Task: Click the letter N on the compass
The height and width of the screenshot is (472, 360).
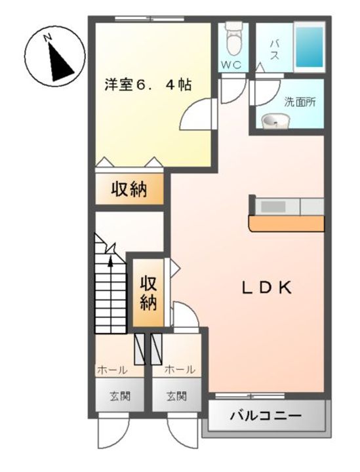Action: (x=48, y=38)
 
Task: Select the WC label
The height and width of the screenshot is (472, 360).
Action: (x=231, y=64)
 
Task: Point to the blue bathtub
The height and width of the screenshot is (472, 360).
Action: (x=310, y=47)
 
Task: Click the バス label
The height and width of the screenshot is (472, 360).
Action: (x=274, y=50)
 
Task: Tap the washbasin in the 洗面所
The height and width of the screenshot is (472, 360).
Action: (x=275, y=121)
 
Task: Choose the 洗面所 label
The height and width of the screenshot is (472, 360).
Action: (x=300, y=102)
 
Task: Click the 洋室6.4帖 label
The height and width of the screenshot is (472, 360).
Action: (x=148, y=85)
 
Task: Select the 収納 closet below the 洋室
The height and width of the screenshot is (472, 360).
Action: (x=129, y=189)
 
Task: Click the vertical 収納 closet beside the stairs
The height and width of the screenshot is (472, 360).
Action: (x=149, y=292)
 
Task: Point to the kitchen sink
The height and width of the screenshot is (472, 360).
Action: (x=273, y=206)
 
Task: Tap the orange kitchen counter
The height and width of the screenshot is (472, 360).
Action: (x=287, y=224)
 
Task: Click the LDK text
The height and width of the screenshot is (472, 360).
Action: (x=267, y=288)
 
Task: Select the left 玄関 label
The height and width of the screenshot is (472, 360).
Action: (x=120, y=396)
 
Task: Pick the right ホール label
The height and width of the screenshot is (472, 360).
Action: (x=180, y=369)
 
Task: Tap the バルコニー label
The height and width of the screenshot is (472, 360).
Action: (x=266, y=416)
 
